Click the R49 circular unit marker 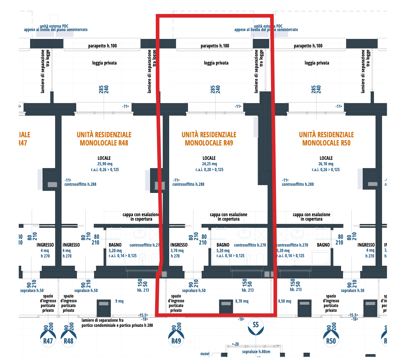[x=176, y=340]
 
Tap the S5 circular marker [x=256, y=325]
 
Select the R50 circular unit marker [x=331, y=340]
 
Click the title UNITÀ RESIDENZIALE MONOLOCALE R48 [x=104, y=139]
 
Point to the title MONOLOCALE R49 [x=209, y=143]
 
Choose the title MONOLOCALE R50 [x=326, y=143]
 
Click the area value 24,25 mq [x=209, y=164]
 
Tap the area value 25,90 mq [x=105, y=164]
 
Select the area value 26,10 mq [x=326, y=164]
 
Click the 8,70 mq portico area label [x=242, y=301]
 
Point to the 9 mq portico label [x=119, y=301]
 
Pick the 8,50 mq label [x=284, y=301]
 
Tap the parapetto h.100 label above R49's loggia [x=215, y=46]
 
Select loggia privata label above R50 [x=317, y=63]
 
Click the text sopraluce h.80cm [x=256, y=351]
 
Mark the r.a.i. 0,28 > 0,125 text [x=209, y=170]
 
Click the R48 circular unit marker [x=68, y=340]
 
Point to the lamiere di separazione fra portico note [x=117, y=323]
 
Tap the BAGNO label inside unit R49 [x=223, y=245]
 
